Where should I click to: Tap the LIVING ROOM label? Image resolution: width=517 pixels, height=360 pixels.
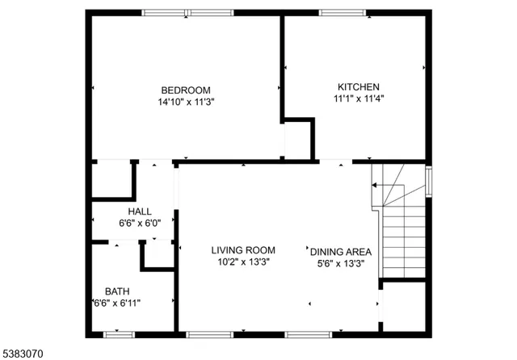(x=243, y=250)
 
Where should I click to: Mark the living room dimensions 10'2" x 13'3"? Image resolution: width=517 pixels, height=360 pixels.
(x=243, y=262)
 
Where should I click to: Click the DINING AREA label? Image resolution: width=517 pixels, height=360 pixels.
(x=341, y=251)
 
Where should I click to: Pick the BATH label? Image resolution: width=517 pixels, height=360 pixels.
(x=117, y=291)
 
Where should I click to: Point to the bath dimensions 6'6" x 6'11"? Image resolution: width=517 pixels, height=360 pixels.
(x=117, y=303)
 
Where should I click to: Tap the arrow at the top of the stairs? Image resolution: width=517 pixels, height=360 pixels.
(x=376, y=185)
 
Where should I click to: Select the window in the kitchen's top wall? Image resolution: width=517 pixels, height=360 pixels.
(x=343, y=13)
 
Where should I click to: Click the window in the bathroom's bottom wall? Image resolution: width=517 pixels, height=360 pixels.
(x=119, y=333)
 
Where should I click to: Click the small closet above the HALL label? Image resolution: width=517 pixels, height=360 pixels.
(x=111, y=180)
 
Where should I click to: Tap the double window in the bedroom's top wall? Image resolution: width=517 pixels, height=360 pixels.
(x=187, y=13)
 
